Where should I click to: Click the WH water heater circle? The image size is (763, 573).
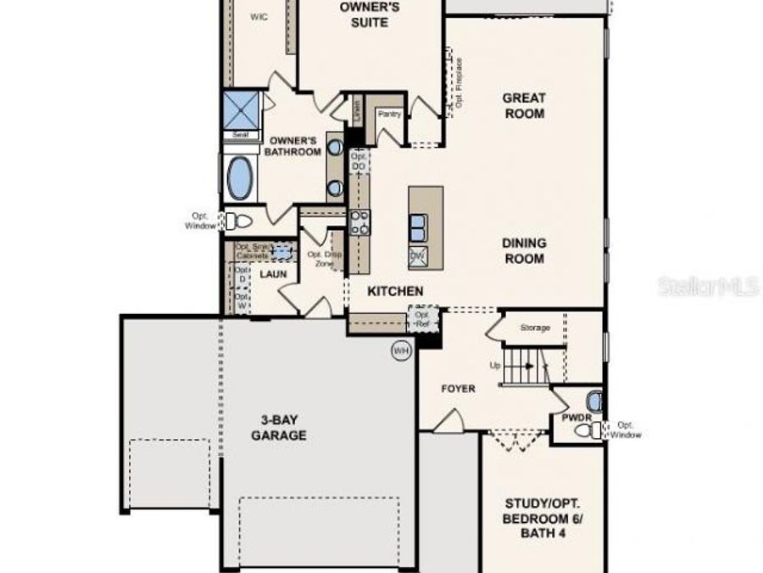coord(400,349)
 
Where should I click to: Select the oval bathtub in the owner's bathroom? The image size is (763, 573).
coord(241,177)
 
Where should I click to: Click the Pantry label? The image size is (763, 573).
coord(389,114)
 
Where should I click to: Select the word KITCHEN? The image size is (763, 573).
coord(394,291)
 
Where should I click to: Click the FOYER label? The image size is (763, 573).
coord(458,389)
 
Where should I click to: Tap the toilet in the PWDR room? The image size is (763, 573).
coord(586,430)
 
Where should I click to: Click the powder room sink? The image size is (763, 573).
coord(594,399)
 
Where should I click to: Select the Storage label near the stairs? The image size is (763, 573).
coord(534,328)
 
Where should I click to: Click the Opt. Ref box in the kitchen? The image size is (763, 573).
coord(421,319)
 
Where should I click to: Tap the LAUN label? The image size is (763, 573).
coord(272,274)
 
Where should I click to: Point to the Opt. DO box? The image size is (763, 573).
coord(359,161)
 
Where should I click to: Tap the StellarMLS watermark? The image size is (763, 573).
coord(708,287)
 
